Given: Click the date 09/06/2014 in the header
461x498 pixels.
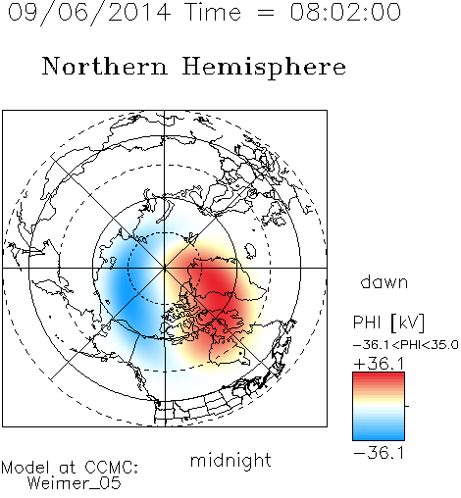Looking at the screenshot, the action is click(x=89, y=13).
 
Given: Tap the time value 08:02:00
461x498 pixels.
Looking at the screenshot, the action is click(x=345, y=12).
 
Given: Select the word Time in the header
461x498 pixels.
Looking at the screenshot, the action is click(x=214, y=12).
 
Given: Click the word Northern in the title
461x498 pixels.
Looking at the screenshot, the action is click(x=105, y=67).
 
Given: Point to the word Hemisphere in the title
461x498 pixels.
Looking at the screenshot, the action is click(x=264, y=68).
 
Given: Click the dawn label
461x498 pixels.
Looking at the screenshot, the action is click(x=384, y=281).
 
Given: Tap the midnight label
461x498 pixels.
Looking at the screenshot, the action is click(x=230, y=460).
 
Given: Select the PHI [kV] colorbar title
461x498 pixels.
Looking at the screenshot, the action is click(x=388, y=323).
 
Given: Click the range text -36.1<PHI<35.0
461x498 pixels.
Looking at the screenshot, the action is click(x=406, y=345).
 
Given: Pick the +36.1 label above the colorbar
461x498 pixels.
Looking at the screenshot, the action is click(x=379, y=364).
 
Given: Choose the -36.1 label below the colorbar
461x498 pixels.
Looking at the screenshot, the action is click(x=379, y=453).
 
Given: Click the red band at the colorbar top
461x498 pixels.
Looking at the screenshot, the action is click(x=379, y=376).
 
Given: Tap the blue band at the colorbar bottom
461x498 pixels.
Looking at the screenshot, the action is click(x=379, y=435).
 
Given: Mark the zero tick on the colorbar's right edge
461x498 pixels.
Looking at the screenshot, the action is click(x=407, y=406).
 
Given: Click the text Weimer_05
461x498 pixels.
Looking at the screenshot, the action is click(x=75, y=483).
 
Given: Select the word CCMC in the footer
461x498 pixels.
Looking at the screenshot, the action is click(x=109, y=468).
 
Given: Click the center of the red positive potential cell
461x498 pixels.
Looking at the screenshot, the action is click(x=216, y=287).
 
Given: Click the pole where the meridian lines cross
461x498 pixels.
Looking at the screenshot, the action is click(x=165, y=268).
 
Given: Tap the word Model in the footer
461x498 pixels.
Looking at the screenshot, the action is click(x=26, y=468).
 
